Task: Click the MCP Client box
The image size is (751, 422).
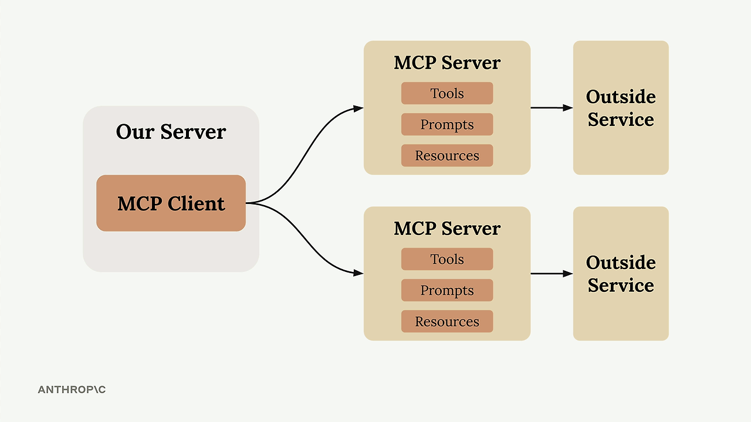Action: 171,203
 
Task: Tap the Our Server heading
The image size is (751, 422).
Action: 171,132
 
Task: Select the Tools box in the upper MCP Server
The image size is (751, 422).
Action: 447,93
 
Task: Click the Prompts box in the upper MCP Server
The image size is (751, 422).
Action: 447,124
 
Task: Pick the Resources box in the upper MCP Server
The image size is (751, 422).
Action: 447,155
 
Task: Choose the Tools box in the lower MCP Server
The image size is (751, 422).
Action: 447,259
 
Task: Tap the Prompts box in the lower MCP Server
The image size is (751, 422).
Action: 447,290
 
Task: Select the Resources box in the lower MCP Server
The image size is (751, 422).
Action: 447,321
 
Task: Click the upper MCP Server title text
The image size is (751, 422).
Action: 447,63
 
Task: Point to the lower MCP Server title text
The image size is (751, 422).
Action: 447,229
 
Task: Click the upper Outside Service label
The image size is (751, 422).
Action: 621,108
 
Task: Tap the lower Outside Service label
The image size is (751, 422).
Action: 621,274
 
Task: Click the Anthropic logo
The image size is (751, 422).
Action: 72,390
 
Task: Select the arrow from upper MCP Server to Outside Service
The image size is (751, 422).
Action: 552,108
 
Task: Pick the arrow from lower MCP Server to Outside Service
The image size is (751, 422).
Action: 552,274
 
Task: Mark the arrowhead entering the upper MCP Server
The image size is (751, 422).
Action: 358,108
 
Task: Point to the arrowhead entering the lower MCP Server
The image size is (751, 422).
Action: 358,273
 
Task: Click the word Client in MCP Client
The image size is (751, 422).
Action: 196,203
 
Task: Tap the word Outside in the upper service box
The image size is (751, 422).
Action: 621,97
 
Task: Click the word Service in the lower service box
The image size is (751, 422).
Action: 621,285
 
